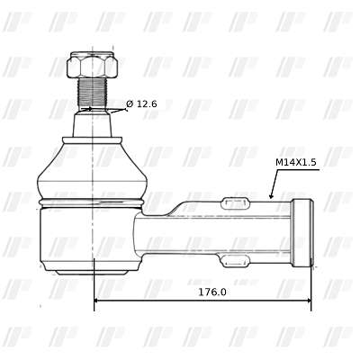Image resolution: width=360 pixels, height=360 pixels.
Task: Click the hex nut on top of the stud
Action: click(92, 65)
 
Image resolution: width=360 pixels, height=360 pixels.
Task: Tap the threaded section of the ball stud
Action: click(93, 93)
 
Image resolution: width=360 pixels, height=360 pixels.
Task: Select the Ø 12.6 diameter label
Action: click(141, 104)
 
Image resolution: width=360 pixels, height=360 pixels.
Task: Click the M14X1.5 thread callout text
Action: click(296, 162)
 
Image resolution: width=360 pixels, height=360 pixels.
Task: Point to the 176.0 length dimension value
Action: click(212, 292)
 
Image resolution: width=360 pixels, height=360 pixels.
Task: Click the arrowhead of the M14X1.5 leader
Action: click(271, 195)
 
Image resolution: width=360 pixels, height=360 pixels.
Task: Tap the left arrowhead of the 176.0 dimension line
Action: click(97, 301)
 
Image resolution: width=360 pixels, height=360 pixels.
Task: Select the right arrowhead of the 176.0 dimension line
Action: click(308, 301)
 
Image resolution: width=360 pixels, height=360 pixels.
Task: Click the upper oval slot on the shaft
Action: click(235, 203)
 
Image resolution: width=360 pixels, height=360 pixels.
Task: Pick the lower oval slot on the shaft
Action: click(235, 261)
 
